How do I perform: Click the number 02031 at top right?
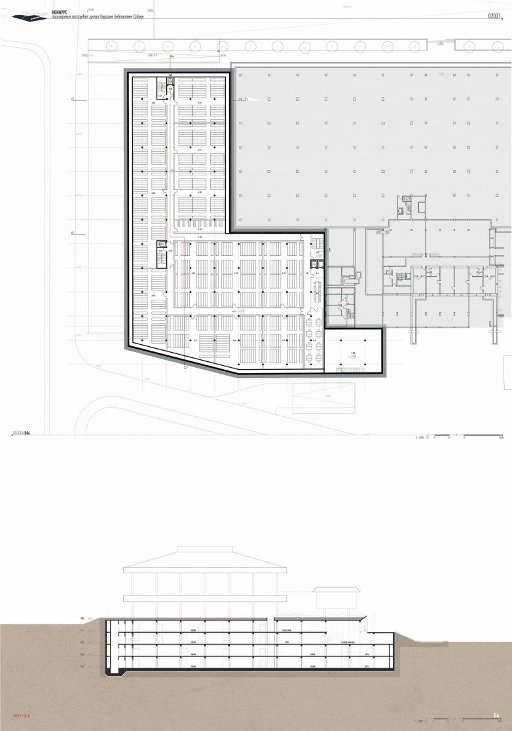[x=497, y=17]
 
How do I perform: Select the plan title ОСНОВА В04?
[x=22, y=433]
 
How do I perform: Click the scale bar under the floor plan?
[x=458, y=435]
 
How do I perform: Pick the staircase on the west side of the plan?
[x=160, y=247]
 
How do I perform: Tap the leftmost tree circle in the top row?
[x=112, y=46]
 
